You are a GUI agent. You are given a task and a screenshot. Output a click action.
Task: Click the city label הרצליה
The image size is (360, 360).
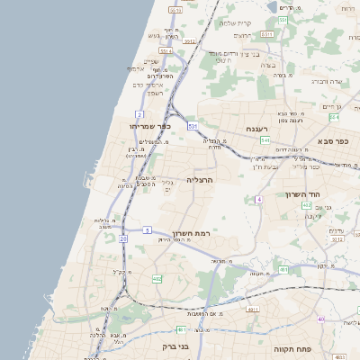coord(200,180)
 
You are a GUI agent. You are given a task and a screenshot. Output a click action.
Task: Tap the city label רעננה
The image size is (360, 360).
coord(260,130)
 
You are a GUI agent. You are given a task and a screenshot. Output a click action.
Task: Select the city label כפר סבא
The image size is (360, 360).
coord(333,141)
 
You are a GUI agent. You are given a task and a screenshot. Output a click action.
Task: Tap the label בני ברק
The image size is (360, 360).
coord(176,346)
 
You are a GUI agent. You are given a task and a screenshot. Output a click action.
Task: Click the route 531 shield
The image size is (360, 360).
coord(192,127)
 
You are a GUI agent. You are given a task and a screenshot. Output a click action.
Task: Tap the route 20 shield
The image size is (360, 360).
coord(122,239)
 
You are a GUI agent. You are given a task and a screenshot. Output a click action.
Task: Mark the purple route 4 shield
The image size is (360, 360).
coord(259,199)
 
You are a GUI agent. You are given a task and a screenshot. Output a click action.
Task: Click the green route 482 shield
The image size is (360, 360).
coord(306,205)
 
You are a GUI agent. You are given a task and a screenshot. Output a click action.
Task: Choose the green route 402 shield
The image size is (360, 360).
coord(157,279)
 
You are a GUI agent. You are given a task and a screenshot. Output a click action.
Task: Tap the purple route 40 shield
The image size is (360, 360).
coord(320,319)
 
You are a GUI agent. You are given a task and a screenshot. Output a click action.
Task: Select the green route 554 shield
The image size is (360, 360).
coord(333,118)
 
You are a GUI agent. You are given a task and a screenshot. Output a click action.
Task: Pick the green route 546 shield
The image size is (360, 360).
coord(265,141)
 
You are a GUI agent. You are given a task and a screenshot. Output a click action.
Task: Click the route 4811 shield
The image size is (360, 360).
coord(253,309)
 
